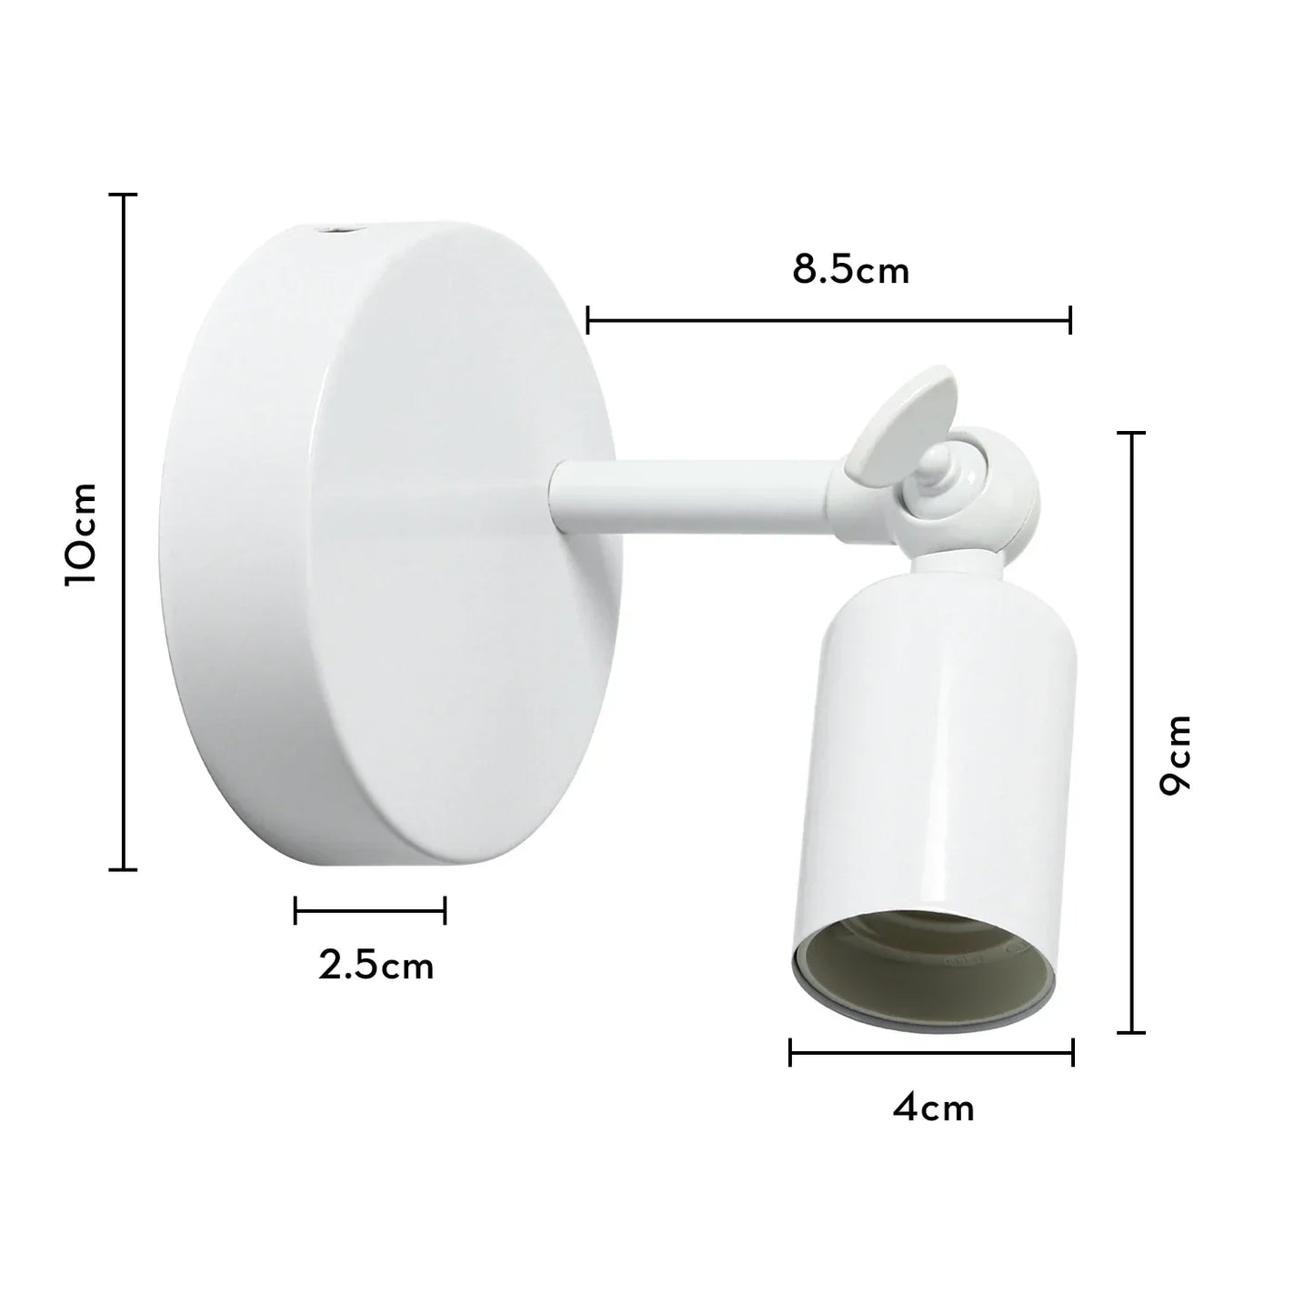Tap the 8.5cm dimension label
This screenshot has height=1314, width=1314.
pos(850,271)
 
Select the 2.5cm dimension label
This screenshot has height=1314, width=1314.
pos(376,966)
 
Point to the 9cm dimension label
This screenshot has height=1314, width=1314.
pos(1175,755)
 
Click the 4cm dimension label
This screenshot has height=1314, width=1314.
pos(933,1108)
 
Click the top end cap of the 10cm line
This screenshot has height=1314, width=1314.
pos(124,195)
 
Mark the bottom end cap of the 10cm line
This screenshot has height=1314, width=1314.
pos(124,869)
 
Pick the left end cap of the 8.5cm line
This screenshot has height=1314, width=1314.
pos(589,319)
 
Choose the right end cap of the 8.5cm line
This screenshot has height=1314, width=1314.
pos(1070,319)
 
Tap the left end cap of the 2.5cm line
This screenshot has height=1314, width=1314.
pos(296,909)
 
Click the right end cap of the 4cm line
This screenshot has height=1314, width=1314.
pos(1073,1053)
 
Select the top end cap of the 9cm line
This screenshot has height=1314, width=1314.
pos(1131,434)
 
